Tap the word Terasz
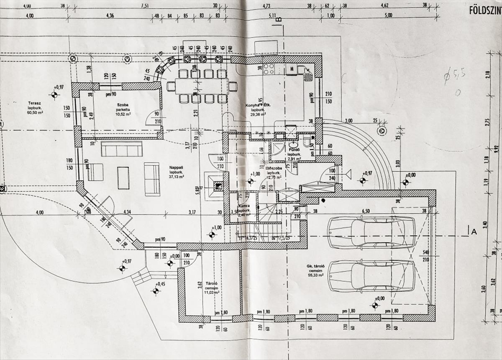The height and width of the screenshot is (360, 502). click(x=34, y=103)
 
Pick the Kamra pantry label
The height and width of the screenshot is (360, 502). click(x=244, y=206)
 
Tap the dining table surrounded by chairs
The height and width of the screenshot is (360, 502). click(x=202, y=87)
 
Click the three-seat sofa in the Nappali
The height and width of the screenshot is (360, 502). click(x=122, y=149)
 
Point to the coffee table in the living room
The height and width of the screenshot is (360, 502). click(x=123, y=177)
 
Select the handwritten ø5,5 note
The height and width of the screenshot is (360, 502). click(x=455, y=76)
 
